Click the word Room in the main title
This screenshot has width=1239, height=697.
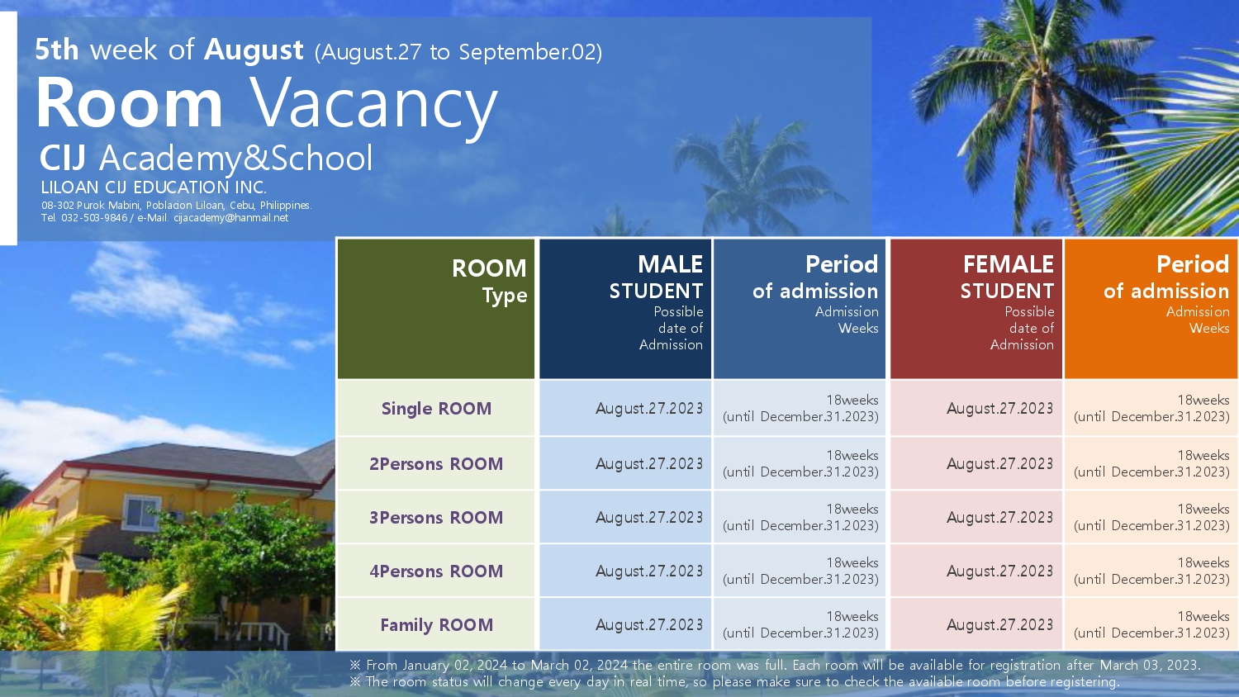(130, 103)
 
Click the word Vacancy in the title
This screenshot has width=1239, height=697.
(374, 107)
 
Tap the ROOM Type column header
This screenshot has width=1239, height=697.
(436, 309)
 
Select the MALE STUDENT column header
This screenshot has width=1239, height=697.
(625, 309)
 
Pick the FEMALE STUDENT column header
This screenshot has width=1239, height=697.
(976, 309)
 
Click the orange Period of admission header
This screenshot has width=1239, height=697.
(1151, 309)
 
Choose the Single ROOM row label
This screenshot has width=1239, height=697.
(436, 408)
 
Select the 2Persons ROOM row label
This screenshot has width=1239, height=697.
(436, 463)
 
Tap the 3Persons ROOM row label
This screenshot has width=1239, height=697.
(436, 517)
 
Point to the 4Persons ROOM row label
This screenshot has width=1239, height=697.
(436, 571)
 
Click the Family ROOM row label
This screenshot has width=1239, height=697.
(436, 625)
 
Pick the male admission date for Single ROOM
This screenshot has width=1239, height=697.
(649, 408)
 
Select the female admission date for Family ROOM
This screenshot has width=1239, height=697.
(1000, 625)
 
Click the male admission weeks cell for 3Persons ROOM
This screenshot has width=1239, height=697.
(800, 517)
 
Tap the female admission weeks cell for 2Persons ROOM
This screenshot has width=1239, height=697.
(1151, 463)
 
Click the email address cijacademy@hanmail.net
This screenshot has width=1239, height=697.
(230, 218)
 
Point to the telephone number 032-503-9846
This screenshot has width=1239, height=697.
(94, 218)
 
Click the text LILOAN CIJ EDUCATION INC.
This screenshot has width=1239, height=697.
(154, 187)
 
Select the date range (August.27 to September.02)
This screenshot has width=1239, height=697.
(458, 52)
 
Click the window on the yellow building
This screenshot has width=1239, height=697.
(141, 512)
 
